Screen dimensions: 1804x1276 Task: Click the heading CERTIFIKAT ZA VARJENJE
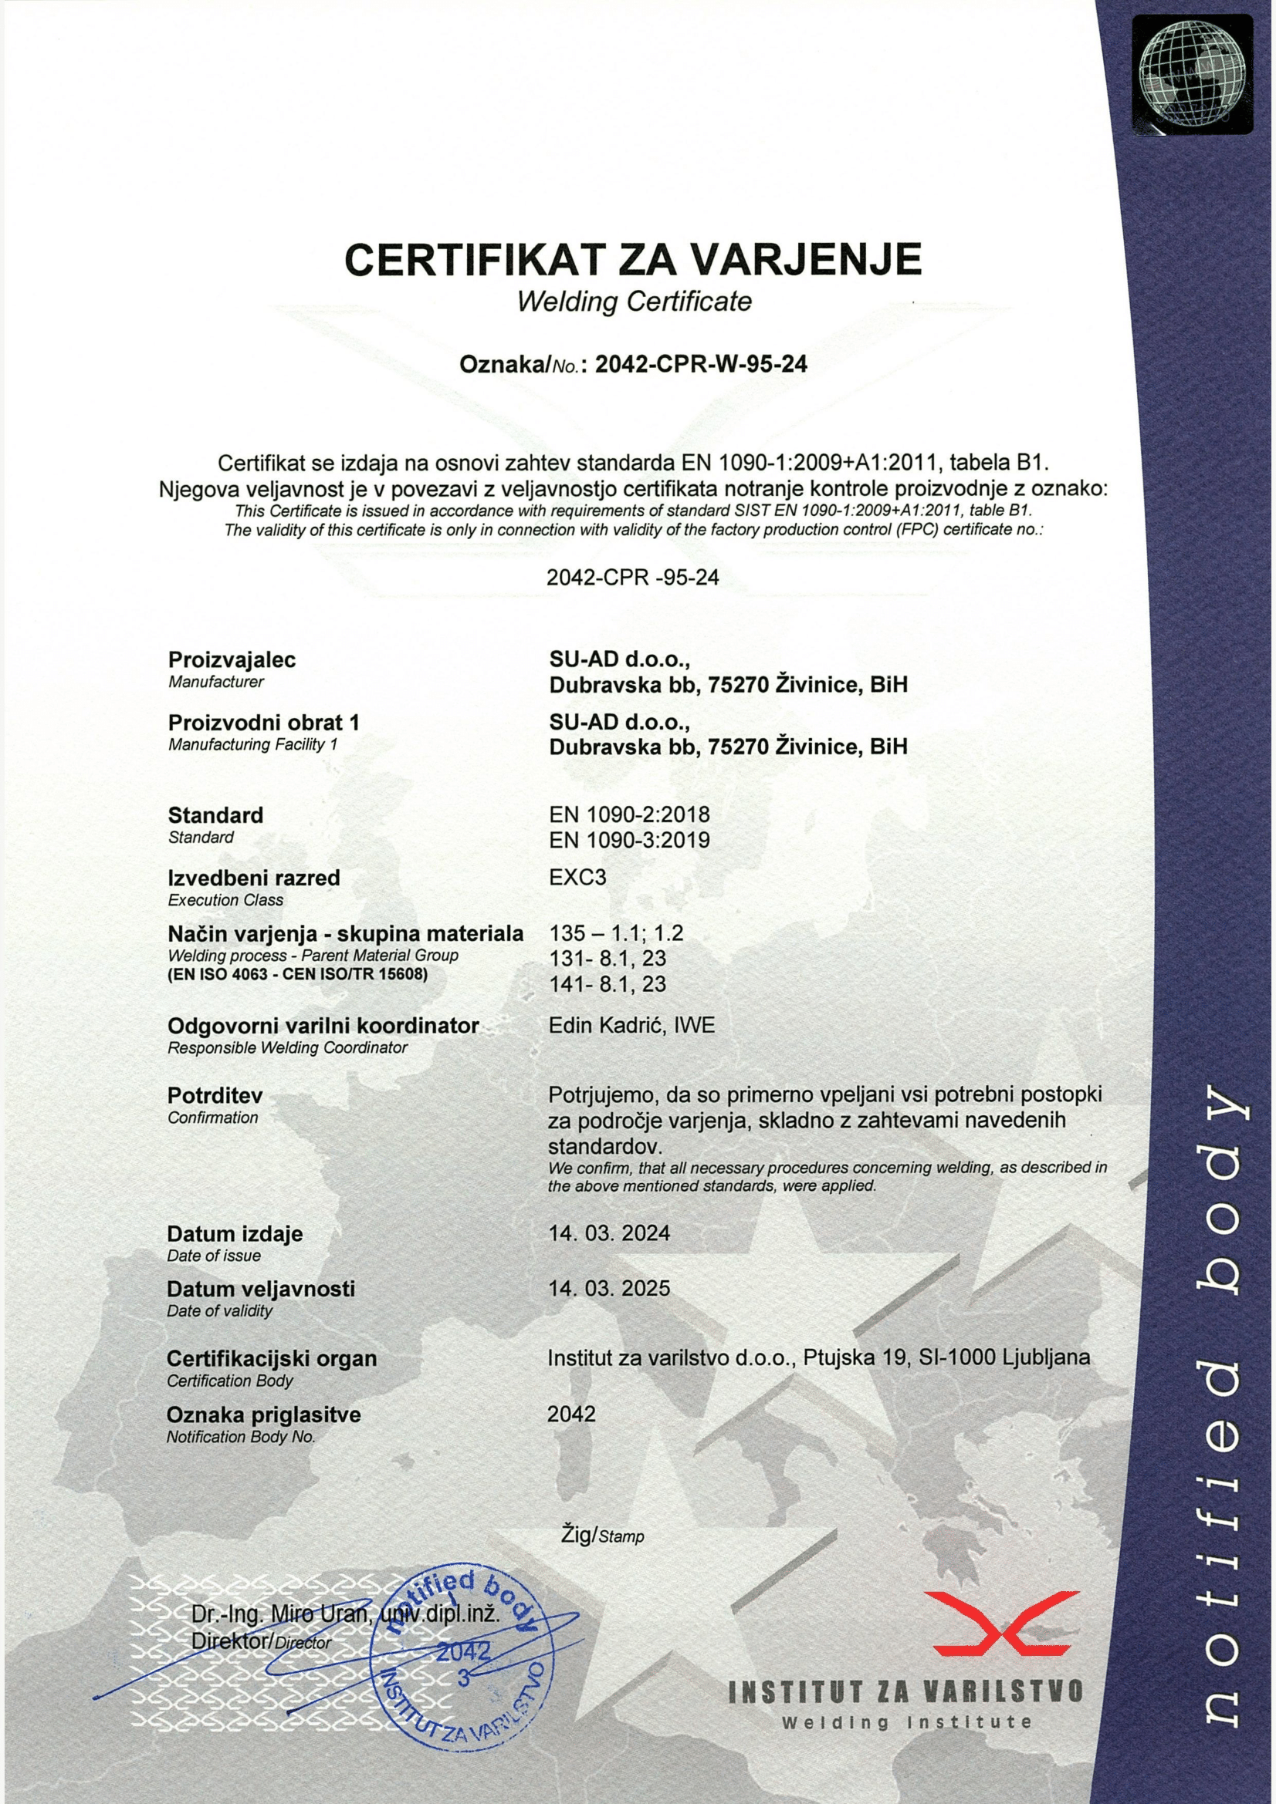pos(633,258)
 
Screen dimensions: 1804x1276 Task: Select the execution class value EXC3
pos(578,878)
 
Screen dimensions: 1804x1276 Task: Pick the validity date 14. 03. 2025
pos(609,1289)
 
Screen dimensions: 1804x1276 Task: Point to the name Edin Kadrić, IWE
pos(632,1025)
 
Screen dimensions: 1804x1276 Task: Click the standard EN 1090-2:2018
pos(629,814)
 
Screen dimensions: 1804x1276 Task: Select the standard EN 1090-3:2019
pos(629,840)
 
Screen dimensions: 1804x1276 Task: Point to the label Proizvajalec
pos(232,660)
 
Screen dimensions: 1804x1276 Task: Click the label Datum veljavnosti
pos(261,1289)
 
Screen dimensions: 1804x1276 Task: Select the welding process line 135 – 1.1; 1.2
pos(616,933)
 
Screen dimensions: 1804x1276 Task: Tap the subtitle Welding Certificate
pos(634,302)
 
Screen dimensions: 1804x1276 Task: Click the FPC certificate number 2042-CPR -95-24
pos(632,578)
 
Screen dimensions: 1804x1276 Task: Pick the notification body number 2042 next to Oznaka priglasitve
pos(571,1415)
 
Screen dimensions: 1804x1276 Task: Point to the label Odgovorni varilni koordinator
pos(323,1026)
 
